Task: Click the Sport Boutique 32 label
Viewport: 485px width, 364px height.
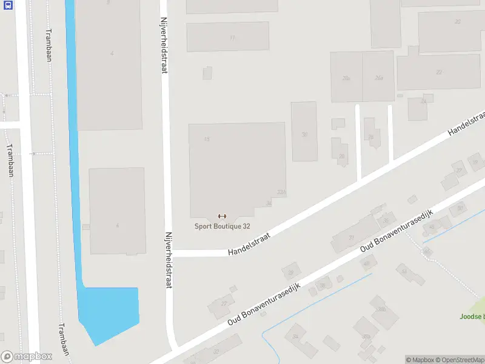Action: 222,226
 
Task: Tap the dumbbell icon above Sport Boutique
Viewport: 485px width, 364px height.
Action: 222,217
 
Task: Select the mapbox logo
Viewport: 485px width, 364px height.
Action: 25,357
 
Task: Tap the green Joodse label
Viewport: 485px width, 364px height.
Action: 472,316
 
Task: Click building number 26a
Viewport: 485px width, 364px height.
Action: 379,78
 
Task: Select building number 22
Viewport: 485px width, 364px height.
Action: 439,72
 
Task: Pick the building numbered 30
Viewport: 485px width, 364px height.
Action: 304,135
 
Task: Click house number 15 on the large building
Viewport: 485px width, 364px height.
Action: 207,140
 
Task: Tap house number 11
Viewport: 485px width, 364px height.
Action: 232,38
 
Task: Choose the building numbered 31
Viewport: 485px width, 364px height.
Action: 351,238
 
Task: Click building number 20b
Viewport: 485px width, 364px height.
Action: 346,78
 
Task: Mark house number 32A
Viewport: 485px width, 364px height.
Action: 281,192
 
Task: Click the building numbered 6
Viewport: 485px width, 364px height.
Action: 117,225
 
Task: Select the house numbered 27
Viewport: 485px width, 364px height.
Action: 224,303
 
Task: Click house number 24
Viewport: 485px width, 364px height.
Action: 423,102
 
